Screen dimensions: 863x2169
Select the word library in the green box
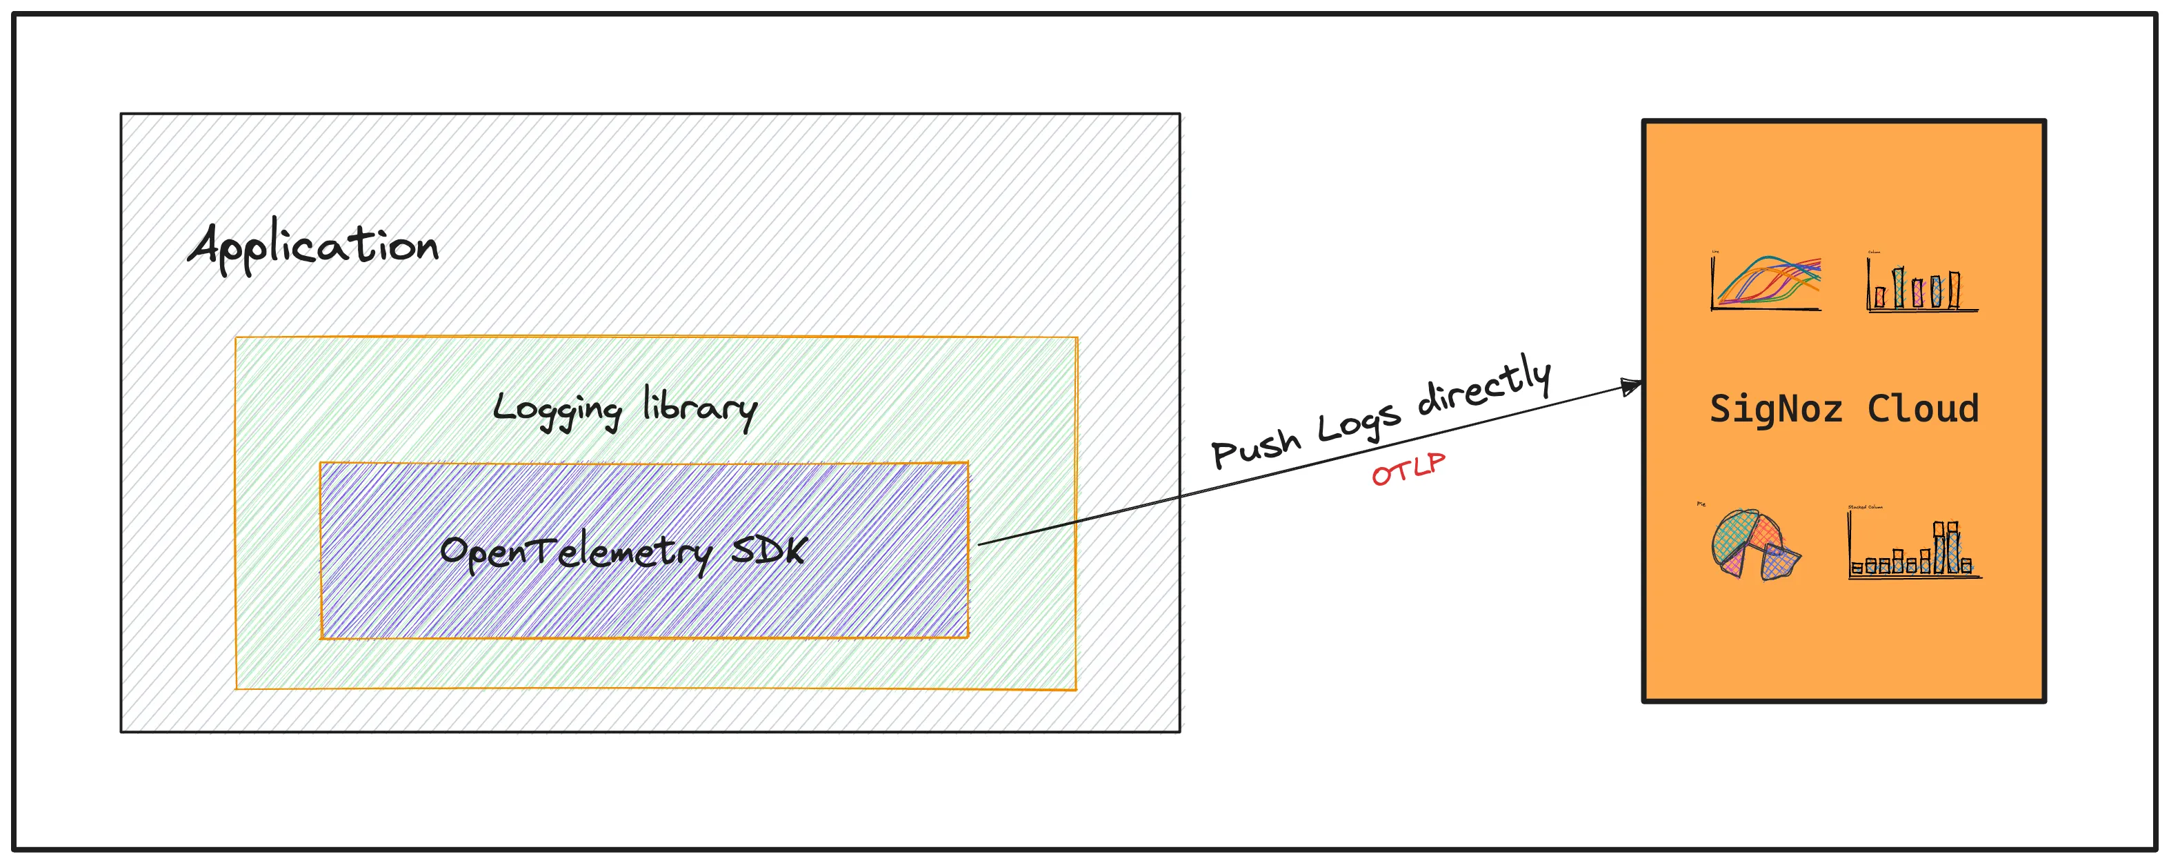tap(700, 408)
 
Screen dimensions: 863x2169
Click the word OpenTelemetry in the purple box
tap(575, 553)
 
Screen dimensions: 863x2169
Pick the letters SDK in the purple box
tap(768, 550)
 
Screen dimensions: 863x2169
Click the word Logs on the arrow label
tap(1358, 421)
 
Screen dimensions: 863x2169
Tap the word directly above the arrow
tap(1483, 386)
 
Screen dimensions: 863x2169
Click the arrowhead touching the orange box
tap(1632, 387)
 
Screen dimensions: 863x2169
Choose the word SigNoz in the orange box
tap(1776, 409)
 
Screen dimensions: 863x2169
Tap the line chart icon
tap(1766, 283)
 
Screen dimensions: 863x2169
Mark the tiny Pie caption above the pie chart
tap(1701, 504)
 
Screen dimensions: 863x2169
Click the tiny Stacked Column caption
tap(1865, 507)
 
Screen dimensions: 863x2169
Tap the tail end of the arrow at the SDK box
tap(981, 544)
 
